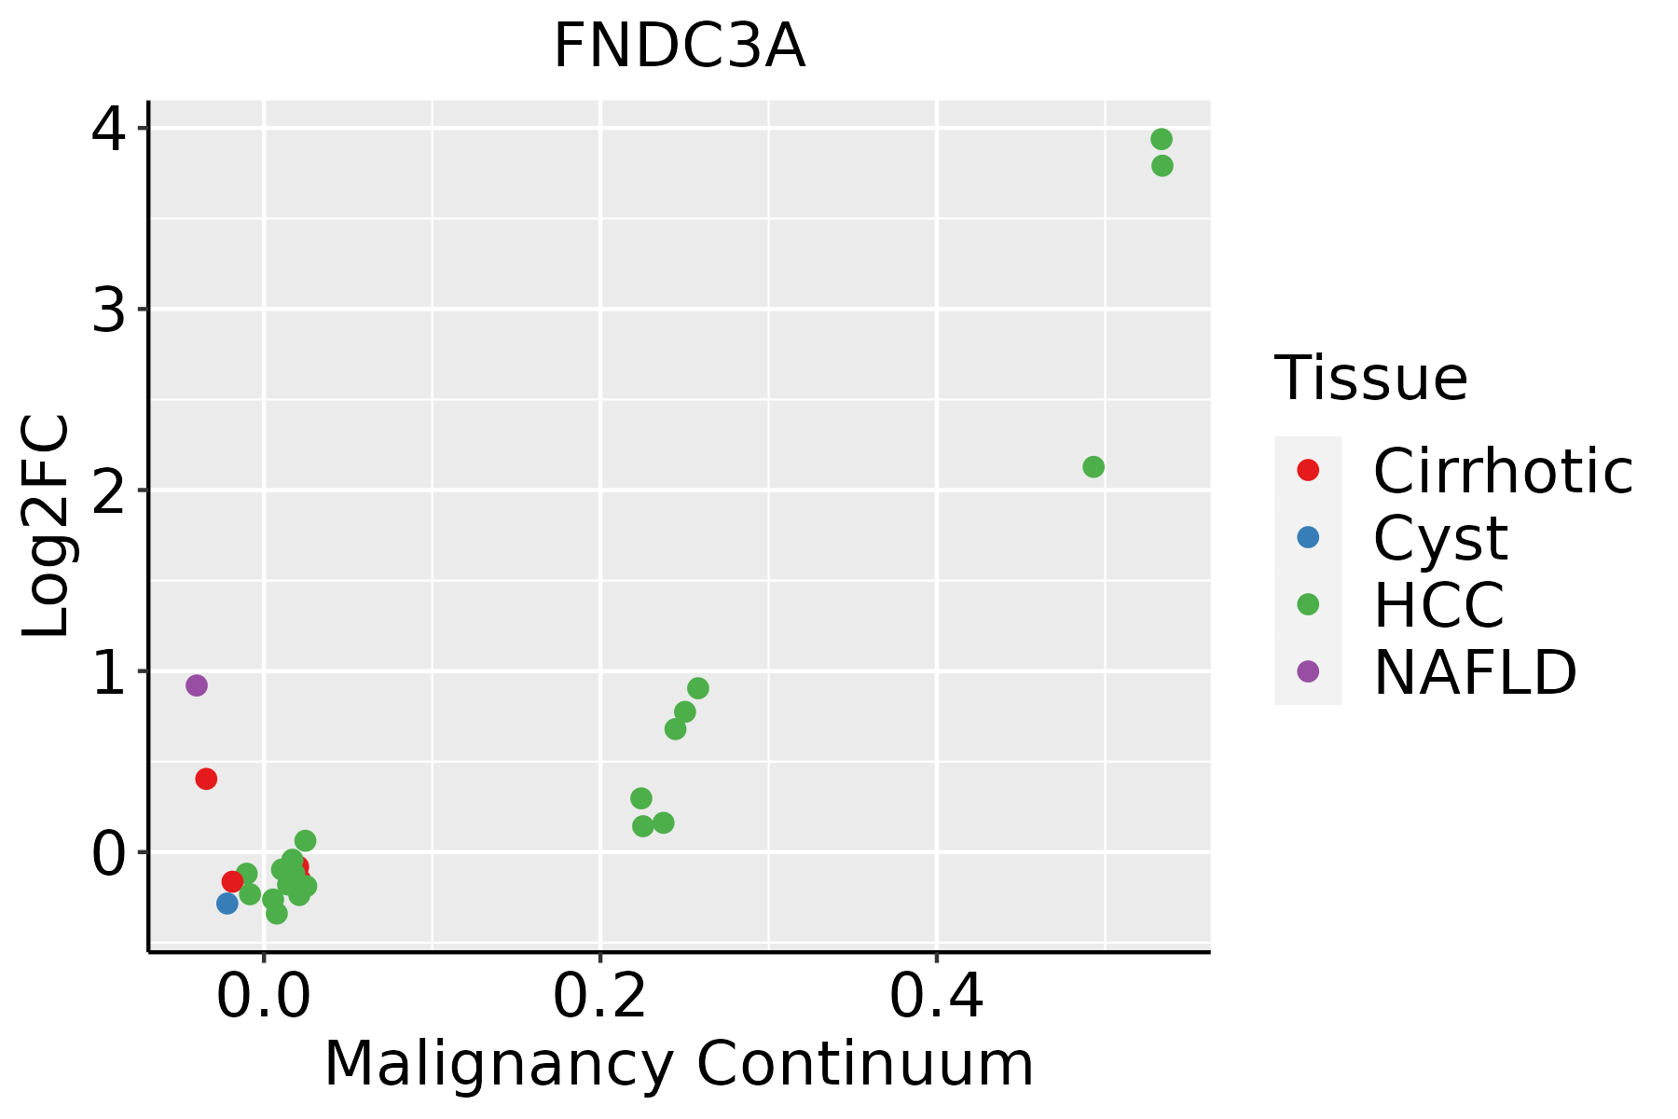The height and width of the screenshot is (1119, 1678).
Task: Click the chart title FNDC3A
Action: click(679, 47)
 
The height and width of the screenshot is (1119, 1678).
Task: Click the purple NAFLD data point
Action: click(196, 685)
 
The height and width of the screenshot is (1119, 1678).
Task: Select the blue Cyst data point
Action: click(227, 903)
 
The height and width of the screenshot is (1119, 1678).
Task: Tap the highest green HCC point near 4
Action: click(1161, 139)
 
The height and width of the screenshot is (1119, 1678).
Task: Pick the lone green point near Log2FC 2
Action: click(1093, 466)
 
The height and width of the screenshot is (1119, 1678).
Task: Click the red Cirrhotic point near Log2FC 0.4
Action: click(206, 779)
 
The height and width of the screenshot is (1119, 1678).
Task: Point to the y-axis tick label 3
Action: click(109, 311)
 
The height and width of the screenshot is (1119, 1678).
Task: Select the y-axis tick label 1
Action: click(109, 672)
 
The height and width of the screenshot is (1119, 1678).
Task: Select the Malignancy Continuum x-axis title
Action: click(679, 1065)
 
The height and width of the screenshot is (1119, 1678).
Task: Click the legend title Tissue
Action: click(1370, 379)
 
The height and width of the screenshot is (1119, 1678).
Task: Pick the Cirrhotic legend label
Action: click(1503, 471)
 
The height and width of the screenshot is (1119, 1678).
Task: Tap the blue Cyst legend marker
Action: click(1308, 537)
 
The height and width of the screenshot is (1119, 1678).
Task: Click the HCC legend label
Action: click(1438, 605)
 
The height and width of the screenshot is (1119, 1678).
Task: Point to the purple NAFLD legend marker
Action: click(1308, 670)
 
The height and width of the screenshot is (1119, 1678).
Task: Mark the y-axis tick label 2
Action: click(109, 491)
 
